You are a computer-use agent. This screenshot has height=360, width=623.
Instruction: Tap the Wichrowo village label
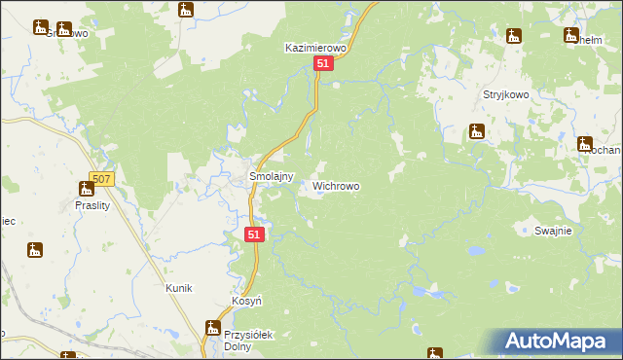pos(336,185)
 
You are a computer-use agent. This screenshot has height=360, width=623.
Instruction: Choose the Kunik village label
pos(178,288)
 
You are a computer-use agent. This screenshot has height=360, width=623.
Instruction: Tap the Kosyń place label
pos(247,302)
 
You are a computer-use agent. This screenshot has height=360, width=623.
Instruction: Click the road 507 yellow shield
pos(101,179)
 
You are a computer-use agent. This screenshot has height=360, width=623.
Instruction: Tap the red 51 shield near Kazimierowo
pos(325,63)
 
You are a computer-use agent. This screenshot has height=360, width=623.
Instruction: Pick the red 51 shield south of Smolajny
pos(254,234)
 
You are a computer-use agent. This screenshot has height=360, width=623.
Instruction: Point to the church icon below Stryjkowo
pos(478,132)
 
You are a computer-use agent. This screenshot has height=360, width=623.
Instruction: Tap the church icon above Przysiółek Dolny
pos(212,328)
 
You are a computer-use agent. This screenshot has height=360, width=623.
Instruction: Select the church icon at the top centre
pos(186,11)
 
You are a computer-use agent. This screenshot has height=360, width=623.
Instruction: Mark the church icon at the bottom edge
pos(435,353)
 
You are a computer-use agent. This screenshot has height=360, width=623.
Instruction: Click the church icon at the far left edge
pos(36,250)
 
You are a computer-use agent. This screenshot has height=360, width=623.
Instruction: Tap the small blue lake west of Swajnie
pos(474,250)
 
